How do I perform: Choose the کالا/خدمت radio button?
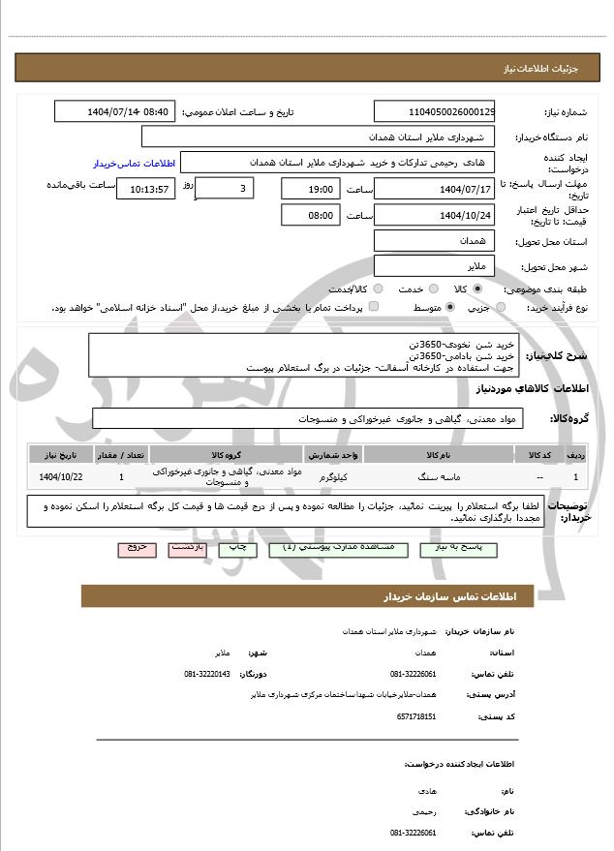(377, 289)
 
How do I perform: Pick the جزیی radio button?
(501, 307)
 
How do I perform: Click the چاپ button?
(238, 548)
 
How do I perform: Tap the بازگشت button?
(186, 548)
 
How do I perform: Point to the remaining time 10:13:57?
(146, 189)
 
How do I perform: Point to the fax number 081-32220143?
(207, 674)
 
